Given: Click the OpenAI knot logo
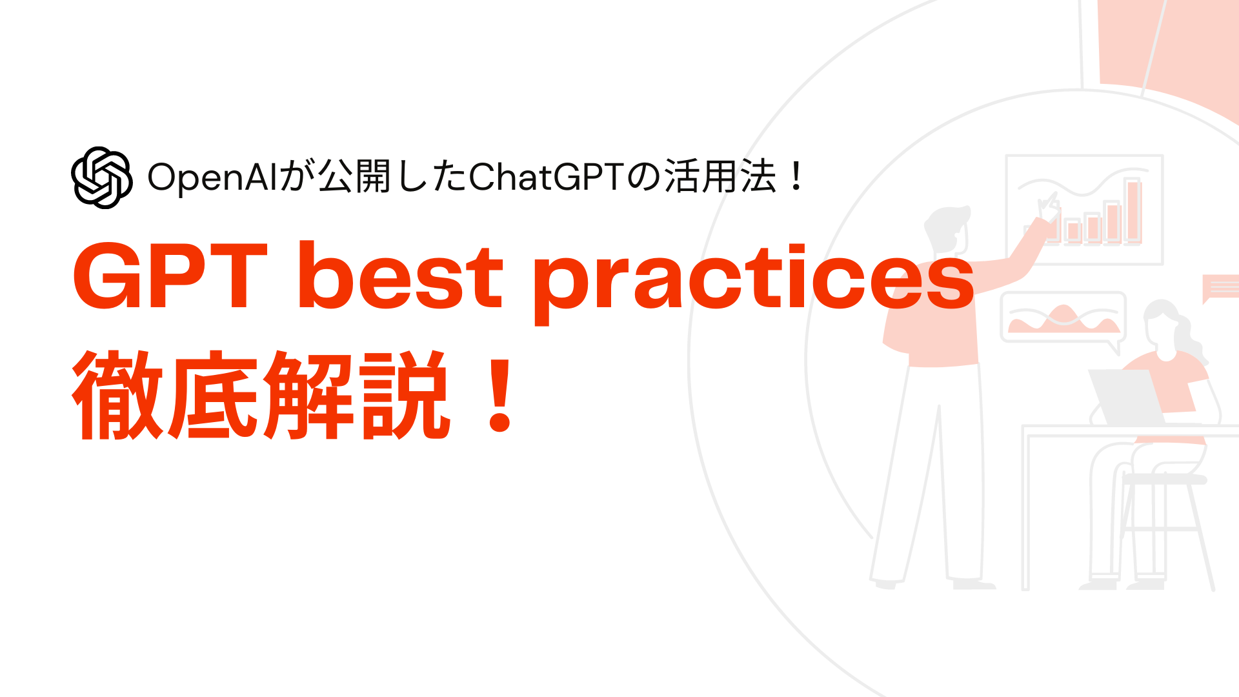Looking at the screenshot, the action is point(102,177).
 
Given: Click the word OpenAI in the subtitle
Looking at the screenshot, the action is point(212,177).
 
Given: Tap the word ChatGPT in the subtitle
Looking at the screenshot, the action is point(548,177).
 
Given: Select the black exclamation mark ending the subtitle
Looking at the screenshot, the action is point(797,176).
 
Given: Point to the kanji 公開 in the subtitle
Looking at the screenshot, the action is point(354,177).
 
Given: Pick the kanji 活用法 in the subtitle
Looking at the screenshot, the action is point(720,177).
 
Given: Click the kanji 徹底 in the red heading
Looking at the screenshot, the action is point(166,395).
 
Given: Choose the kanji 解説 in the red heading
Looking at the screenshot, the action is point(354,395).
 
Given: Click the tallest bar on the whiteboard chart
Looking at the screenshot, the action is point(1134,210).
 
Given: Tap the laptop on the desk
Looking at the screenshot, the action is point(1125,397).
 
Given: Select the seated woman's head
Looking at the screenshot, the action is point(1165,325).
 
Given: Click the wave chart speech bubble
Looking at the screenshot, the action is point(1063,318).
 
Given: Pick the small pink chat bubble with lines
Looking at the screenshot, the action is point(1221,288).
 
